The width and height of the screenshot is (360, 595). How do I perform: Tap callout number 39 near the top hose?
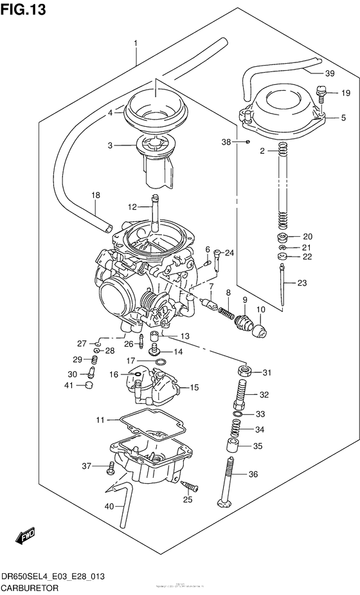[330, 73]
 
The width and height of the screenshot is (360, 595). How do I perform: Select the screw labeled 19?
[323, 95]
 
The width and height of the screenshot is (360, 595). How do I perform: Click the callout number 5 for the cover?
[343, 118]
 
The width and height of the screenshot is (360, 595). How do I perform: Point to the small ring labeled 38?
[248, 141]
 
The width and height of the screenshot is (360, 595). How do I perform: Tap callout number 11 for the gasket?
[100, 420]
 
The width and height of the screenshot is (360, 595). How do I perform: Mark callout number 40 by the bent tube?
[109, 506]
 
